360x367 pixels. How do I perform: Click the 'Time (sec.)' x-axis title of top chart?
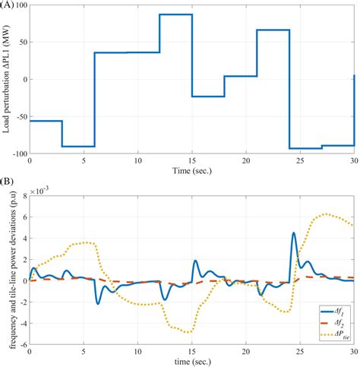[191, 170]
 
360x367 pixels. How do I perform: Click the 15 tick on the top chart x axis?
[191, 161]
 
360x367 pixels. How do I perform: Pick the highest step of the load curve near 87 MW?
[175, 14]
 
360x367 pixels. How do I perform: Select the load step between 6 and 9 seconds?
[109, 52]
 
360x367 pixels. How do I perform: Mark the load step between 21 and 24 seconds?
[273, 30]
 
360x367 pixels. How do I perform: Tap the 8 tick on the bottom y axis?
[24, 196]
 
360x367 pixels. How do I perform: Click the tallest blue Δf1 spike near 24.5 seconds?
[294, 233]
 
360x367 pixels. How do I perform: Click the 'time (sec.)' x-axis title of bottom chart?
[191, 362]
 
